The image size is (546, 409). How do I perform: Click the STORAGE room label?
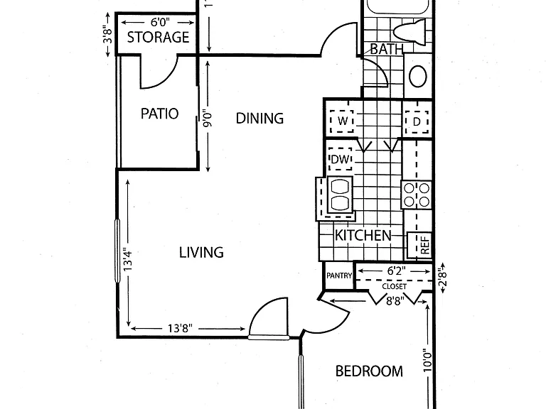(158, 37)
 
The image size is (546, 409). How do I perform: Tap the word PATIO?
(159, 114)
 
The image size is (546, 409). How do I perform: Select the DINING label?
(259, 119)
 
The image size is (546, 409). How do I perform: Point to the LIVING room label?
(201, 253)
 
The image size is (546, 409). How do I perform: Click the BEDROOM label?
(369, 371)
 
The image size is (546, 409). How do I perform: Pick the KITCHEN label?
(363, 236)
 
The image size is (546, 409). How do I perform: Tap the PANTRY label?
(339, 276)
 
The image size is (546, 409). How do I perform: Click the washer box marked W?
(342, 121)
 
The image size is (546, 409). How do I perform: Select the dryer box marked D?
(417, 121)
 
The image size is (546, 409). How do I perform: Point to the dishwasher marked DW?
(341, 159)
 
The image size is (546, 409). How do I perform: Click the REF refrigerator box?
(420, 245)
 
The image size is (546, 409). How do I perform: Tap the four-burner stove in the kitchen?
(417, 195)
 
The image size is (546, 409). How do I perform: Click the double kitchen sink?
(340, 195)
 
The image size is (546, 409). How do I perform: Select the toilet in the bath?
(410, 31)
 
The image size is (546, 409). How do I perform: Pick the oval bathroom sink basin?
(418, 76)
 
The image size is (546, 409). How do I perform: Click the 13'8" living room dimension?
(180, 328)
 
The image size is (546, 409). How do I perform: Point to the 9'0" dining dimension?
(208, 119)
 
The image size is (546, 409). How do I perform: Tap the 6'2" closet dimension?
(396, 271)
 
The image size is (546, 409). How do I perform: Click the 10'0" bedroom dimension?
(427, 360)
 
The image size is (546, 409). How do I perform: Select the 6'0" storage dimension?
(160, 22)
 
